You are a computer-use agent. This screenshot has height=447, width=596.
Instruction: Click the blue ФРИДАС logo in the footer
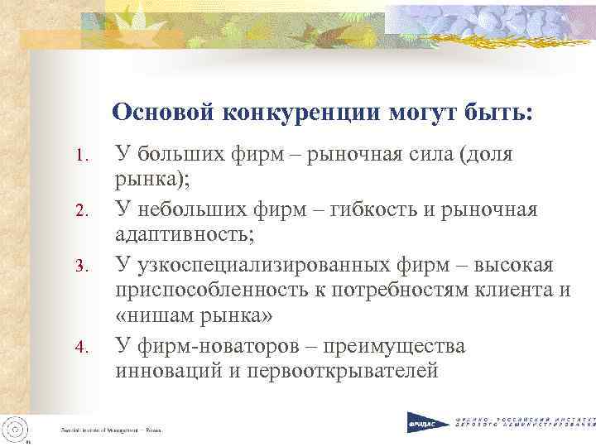click(x=425, y=423)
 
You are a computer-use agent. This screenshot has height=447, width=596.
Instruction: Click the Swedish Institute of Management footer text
click(x=111, y=430)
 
